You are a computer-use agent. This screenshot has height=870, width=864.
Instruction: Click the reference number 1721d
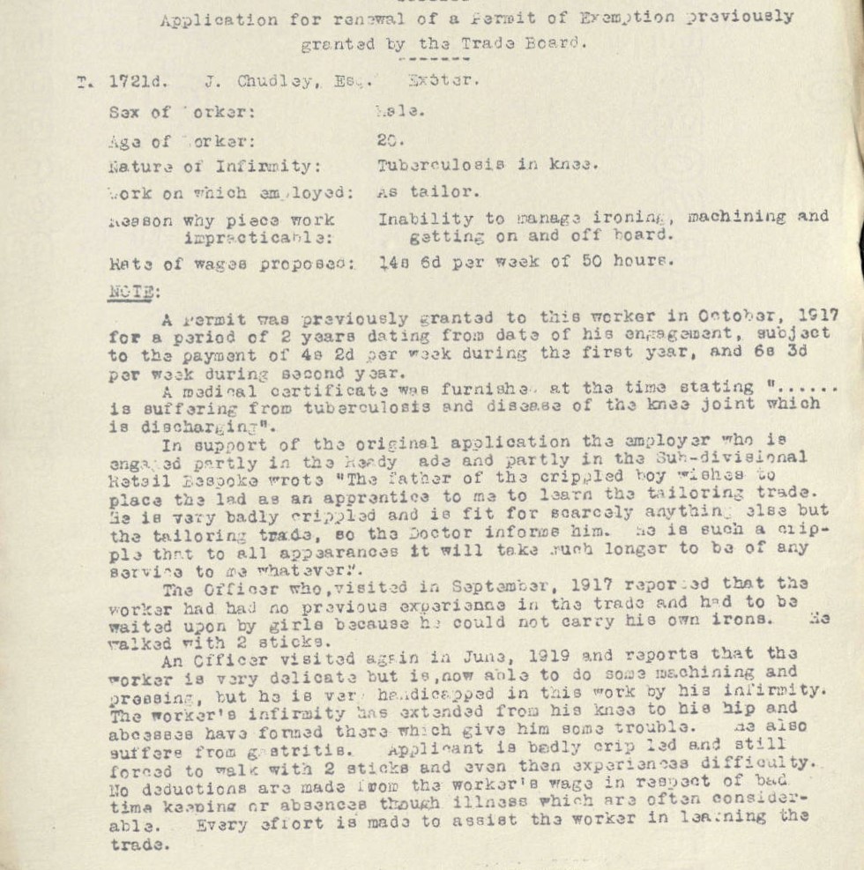click(138, 82)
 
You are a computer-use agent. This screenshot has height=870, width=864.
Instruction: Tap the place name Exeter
click(443, 80)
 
